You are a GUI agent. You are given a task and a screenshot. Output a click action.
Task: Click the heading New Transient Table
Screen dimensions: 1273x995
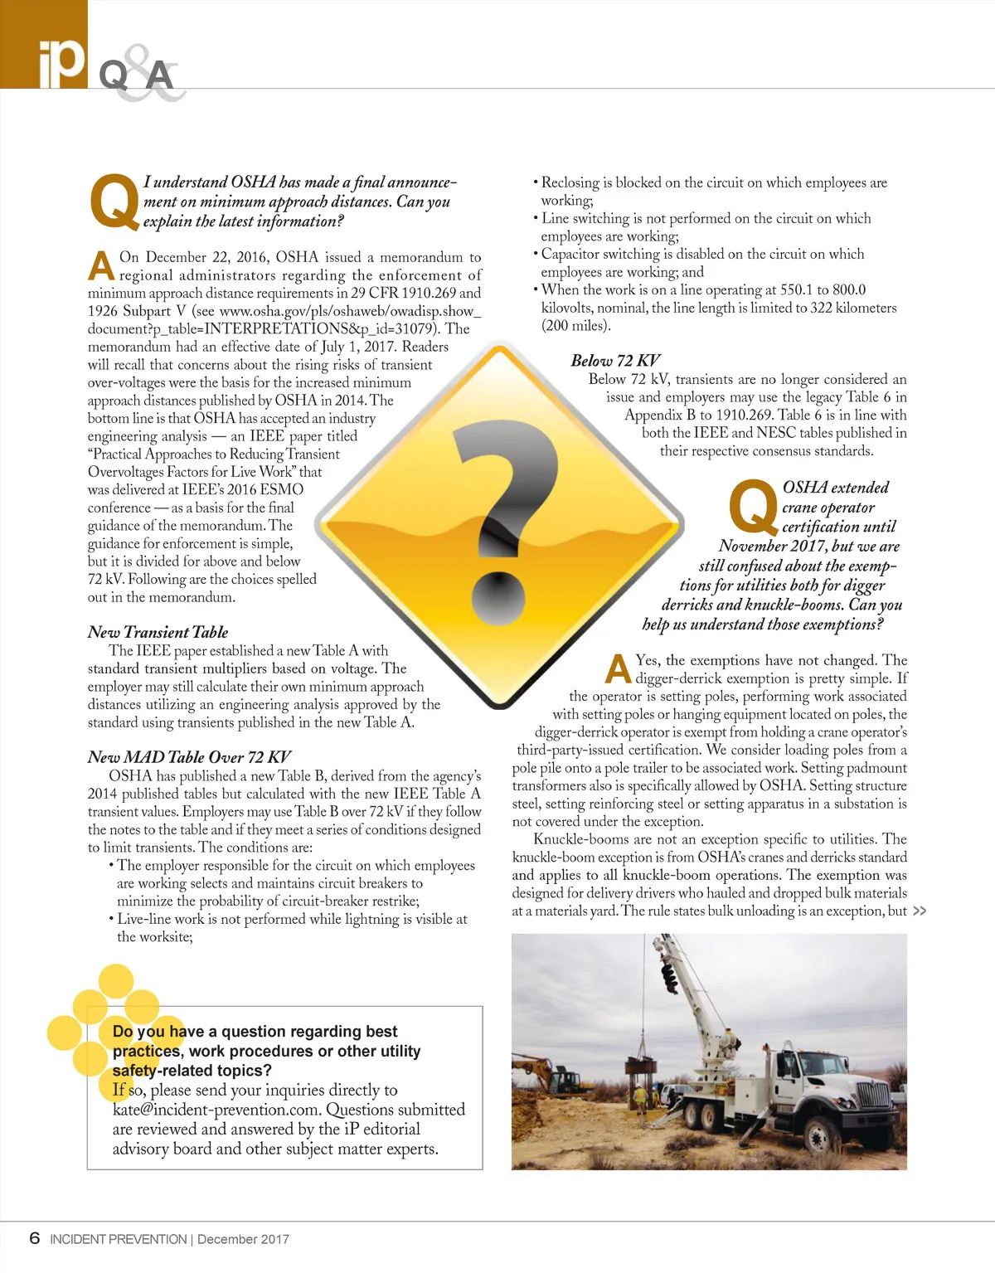158,632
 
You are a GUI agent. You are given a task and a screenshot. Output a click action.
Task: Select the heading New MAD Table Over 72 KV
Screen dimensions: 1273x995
189,757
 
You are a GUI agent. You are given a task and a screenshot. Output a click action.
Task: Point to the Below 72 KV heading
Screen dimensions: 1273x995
615,361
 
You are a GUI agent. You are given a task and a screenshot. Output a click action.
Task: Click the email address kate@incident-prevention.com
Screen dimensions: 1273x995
216,1110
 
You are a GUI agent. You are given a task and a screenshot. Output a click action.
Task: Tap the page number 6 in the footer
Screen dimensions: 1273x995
34,1238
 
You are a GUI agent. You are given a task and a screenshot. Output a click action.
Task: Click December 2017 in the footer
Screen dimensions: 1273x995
244,1239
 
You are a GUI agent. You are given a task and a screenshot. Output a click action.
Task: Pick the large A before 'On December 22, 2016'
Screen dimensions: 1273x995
101,265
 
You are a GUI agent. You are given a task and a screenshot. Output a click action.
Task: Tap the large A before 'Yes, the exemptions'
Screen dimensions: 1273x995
618,668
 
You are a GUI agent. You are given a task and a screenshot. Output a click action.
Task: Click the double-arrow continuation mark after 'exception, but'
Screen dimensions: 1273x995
919,911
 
